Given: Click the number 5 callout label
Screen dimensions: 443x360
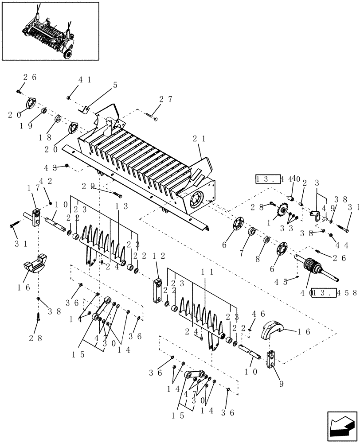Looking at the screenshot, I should tap(115, 85).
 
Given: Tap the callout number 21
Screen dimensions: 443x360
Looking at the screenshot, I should tap(198, 139).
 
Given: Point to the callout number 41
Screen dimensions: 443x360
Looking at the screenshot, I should tap(85, 80).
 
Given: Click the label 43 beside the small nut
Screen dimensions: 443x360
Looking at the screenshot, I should tap(50, 168).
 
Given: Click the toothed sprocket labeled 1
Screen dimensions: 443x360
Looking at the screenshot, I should tap(281, 211).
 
